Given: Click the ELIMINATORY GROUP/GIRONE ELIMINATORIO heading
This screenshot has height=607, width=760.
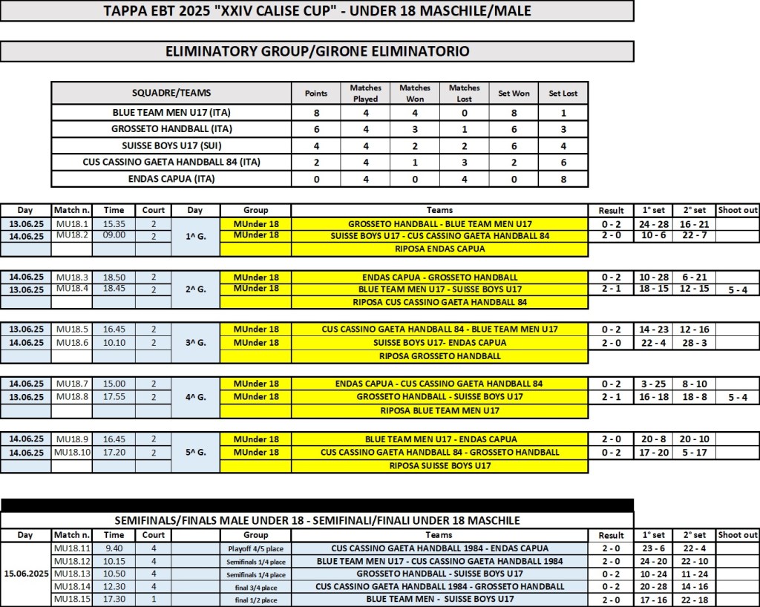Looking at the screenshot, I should (316, 51).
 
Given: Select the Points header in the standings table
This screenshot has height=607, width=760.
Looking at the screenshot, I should (316, 93).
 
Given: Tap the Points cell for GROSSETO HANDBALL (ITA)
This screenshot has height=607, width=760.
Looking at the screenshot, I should (316, 128).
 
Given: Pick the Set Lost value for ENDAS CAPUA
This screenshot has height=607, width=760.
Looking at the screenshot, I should (563, 178).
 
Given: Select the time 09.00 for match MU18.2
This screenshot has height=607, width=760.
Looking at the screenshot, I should (114, 235).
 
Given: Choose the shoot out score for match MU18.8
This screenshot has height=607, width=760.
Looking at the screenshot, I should (738, 397).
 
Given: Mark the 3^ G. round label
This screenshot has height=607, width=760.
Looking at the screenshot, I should (194, 342).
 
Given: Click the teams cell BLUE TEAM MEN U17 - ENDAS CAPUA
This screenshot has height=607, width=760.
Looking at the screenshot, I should (441, 439).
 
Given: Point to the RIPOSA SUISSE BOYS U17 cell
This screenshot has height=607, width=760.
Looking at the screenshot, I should (441, 465).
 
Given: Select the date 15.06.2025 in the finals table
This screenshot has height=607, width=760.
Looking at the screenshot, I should (26, 573).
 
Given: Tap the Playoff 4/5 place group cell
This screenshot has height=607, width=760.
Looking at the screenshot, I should (255, 548).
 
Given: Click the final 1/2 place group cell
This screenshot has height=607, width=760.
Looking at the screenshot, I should (255, 598).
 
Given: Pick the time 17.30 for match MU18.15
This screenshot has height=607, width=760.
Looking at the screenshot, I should (114, 598).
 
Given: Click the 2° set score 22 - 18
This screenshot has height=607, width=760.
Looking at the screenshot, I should (694, 598).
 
